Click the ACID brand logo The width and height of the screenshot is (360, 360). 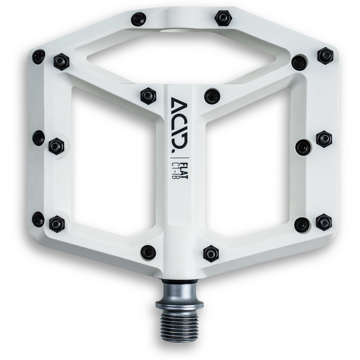click(179, 125)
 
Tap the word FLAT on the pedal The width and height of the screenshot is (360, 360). click(184, 170)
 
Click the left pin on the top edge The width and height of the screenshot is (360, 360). click(139, 19)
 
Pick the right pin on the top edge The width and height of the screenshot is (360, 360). click(223, 18)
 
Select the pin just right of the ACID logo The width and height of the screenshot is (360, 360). click(212, 96)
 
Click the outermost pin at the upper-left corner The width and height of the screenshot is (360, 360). click(38, 56)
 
